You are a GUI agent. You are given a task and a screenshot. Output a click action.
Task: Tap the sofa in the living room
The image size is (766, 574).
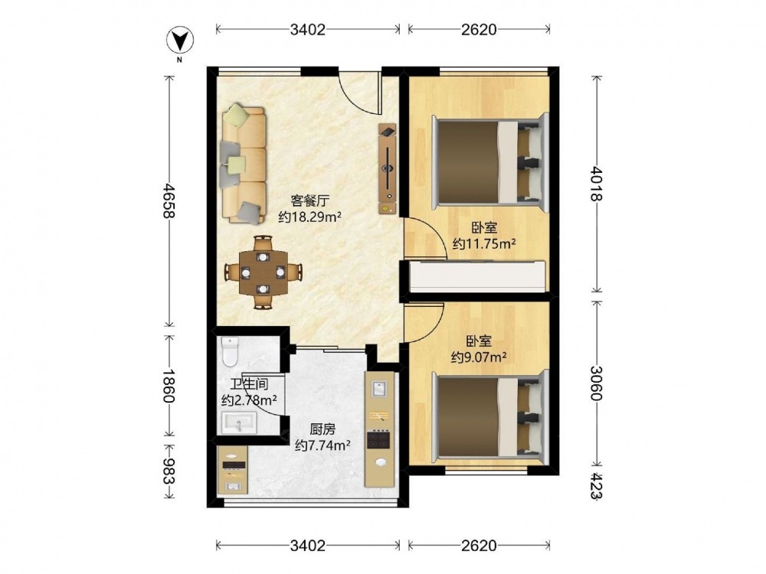click(x=244, y=164)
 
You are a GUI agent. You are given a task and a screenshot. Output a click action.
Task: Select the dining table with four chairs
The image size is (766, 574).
click(x=264, y=272)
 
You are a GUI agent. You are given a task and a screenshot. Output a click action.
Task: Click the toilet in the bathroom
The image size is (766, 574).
click(x=230, y=351)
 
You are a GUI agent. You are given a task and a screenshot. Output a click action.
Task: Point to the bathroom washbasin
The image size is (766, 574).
click(x=239, y=422)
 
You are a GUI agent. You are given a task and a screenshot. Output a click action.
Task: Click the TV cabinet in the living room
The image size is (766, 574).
click(x=387, y=168)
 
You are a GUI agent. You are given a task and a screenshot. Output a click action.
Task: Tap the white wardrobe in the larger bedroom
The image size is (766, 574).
click(x=477, y=276)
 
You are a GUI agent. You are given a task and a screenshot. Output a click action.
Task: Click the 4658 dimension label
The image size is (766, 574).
click(x=169, y=201)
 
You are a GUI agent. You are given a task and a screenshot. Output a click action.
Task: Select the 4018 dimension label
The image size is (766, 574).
click(x=597, y=184)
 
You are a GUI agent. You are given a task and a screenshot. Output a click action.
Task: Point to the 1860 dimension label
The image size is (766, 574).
click(x=169, y=385)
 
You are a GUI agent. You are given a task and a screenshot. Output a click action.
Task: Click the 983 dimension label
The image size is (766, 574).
click(x=169, y=471)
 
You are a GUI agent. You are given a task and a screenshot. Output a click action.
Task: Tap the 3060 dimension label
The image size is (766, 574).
click(x=597, y=383)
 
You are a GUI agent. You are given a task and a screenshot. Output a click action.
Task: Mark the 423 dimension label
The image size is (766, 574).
click(x=597, y=485)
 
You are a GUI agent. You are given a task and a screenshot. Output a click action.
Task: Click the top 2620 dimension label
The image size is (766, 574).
click(x=479, y=29)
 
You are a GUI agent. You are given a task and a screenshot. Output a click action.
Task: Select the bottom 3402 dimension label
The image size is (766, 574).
click(x=308, y=545)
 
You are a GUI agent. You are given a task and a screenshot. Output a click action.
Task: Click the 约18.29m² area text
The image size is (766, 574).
click(x=309, y=217)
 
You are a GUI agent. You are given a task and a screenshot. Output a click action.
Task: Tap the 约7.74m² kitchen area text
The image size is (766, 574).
click(x=323, y=445)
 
